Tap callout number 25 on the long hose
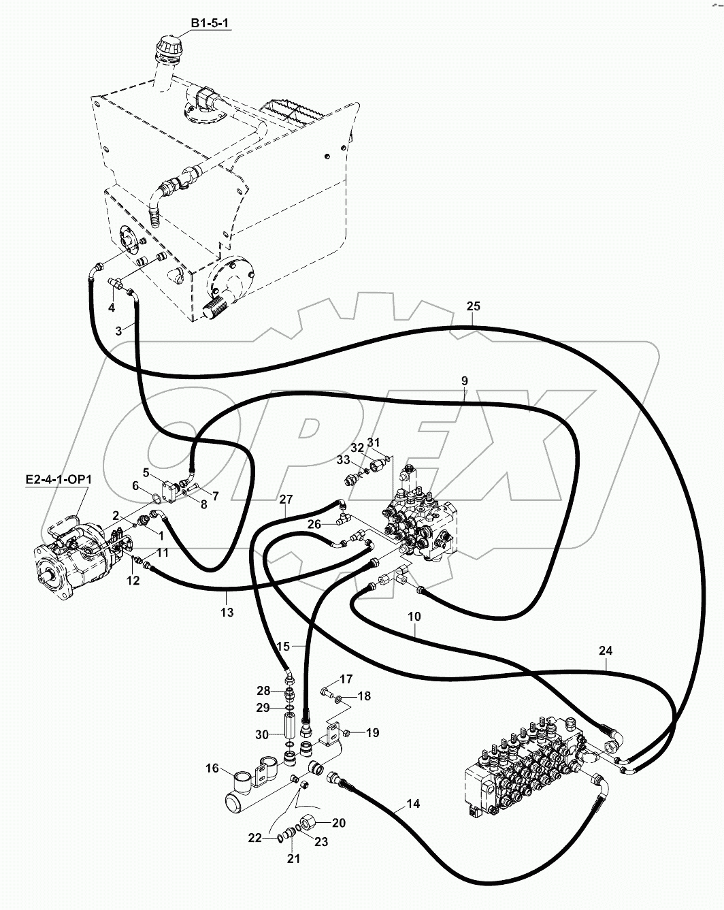point(474,306)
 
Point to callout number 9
point(464,381)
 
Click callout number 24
point(606,651)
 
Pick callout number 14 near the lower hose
point(413,804)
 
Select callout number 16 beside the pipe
point(212,768)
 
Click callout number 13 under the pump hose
point(227,613)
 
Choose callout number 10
point(414,617)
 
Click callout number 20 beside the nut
point(338,823)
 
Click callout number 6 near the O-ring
point(135,486)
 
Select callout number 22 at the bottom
point(254,839)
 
